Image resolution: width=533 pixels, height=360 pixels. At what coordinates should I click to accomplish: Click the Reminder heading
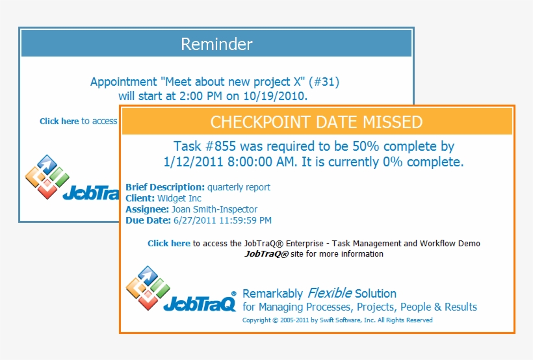(216, 44)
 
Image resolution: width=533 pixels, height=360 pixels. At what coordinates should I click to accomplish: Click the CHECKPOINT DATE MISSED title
(317, 122)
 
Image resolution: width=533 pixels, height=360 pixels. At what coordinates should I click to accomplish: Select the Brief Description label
(165, 187)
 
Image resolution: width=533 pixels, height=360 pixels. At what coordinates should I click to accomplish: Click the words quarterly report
(239, 187)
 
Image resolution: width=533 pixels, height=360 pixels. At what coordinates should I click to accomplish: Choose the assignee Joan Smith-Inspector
(214, 209)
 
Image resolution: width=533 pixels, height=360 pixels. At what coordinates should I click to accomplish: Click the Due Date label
(148, 220)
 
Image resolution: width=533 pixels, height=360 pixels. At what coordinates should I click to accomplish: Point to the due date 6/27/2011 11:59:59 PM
(222, 220)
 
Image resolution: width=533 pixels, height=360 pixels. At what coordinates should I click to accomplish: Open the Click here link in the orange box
(169, 244)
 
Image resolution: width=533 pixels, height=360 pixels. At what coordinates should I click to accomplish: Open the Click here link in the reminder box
(59, 121)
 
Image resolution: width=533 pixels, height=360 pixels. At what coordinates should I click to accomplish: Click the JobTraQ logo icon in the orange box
(148, 287)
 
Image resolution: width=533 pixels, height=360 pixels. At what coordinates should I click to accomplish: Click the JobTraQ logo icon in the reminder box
(47, 176)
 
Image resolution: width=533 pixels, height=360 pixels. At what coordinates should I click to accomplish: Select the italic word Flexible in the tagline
(330, 293)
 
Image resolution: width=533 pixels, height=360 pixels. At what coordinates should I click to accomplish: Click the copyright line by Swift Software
(337, 320)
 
